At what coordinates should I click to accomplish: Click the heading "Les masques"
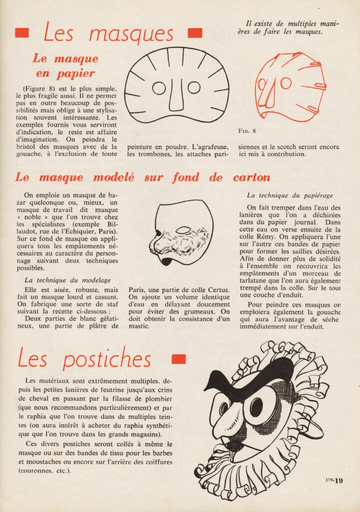108,33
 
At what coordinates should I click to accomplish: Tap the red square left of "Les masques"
22,33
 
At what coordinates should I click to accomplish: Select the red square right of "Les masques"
194,33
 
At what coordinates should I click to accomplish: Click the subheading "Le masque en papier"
64,65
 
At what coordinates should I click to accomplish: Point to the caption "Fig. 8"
247,131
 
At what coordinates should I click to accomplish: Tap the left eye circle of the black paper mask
159,88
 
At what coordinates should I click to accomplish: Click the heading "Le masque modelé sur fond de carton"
142,177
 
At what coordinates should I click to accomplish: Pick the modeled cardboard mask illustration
181,232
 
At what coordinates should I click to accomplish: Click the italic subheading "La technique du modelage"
67,280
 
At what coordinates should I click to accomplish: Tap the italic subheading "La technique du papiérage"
289,195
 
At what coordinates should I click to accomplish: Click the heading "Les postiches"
84,359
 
